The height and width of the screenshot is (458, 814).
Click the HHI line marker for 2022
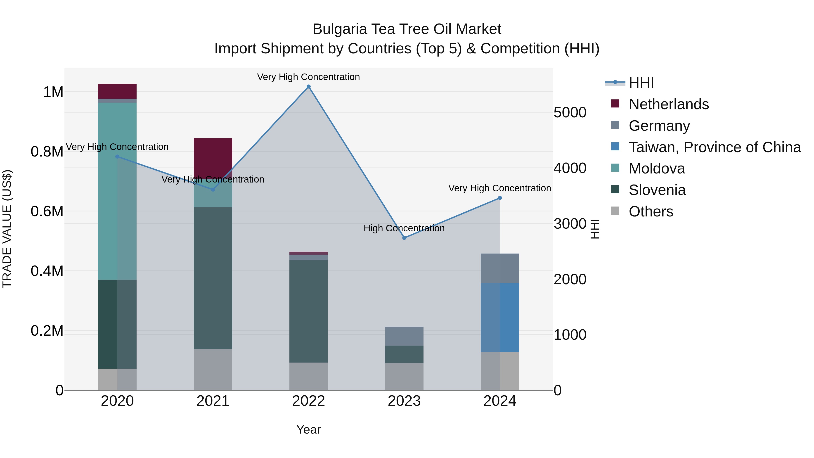308,87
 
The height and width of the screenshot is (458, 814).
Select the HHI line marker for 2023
404,238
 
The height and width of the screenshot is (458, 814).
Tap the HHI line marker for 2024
499,198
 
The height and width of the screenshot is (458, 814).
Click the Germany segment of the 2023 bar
404,336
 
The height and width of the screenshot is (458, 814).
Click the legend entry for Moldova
656,168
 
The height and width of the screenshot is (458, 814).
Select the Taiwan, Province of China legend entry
714,147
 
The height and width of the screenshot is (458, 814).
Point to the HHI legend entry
641,83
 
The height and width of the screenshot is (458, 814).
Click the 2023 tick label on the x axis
404,401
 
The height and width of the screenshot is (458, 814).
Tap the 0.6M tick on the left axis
47,211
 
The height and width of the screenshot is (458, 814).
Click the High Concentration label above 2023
404,228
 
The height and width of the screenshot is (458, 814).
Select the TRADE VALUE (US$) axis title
7,229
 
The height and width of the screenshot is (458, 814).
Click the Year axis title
308,430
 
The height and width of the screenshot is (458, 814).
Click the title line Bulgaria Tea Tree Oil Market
407,29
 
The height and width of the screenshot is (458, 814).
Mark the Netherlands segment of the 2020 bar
117,91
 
